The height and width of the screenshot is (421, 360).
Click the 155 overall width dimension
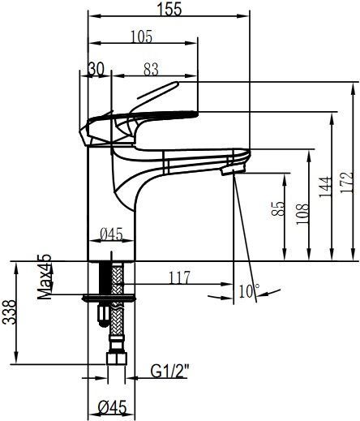pyautogui.click(x=169, y=9)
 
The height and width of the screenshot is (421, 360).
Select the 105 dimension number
pyautogui.click(x=142, y=37)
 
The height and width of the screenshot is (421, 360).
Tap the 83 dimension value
pyautogui.click(x=151, y=70)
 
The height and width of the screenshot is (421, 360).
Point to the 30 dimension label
pyautogui.click(x=96, y=70)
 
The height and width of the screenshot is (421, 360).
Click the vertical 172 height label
pyautogui.click(x=346, y=183)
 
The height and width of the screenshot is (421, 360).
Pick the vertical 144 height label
pyautogui.click(x=325, y=187)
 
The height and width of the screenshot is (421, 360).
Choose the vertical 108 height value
pyautogui.click(x=302, y=213)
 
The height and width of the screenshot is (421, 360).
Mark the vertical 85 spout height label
pyautogui.click(x=278, y=208)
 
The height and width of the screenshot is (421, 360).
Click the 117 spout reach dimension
pyautogui.click(x=179, y=277)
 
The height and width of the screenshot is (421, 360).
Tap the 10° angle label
pyautogui.click(x=249, y=290)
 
